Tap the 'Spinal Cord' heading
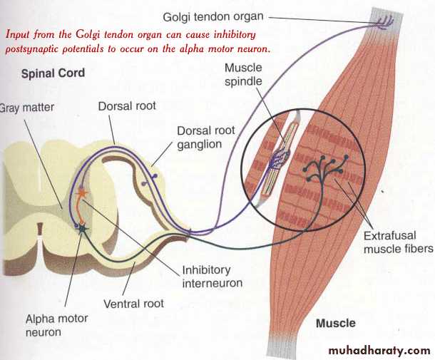pos(52,73)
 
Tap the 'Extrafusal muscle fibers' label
pos(398,243)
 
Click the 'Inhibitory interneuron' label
pos(207,277)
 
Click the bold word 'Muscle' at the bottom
pos(335,324)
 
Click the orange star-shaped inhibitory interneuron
pos(82,192)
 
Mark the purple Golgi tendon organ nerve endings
pos(385,22)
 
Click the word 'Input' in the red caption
pos(17,34)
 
